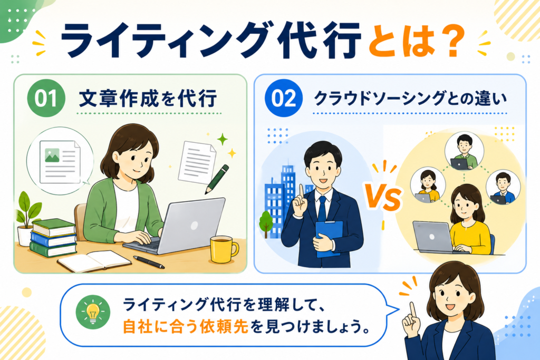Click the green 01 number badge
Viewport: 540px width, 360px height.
click(46, 98)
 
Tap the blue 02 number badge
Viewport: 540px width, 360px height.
click(283, 98)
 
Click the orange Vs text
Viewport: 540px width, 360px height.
click(383, 197)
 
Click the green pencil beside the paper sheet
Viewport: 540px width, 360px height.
click(217, 179)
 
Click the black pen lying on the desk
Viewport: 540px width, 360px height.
click(149, 262)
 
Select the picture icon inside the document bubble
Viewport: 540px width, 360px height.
click(52, 155)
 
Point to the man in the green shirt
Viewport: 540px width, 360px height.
click(464, 151)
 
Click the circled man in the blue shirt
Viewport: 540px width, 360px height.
click(503, 188)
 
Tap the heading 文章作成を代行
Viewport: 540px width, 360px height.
click(148, 99)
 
